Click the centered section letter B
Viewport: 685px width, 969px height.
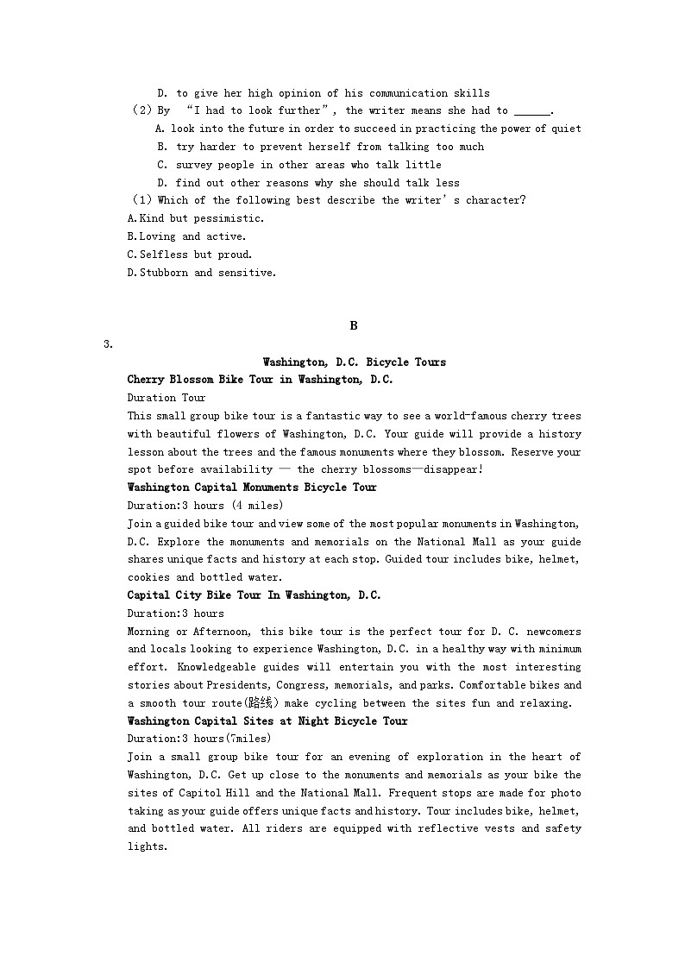pos(354,325)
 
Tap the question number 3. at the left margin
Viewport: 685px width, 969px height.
pos(108,344)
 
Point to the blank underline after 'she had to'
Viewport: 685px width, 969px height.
pos(531,111)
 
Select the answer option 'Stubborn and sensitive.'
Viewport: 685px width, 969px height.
pos(202,273)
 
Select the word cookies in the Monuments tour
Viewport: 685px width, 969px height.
pos(148,577)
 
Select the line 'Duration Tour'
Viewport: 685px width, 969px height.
pos(167,398)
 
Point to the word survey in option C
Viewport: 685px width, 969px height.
pos(193,165)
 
